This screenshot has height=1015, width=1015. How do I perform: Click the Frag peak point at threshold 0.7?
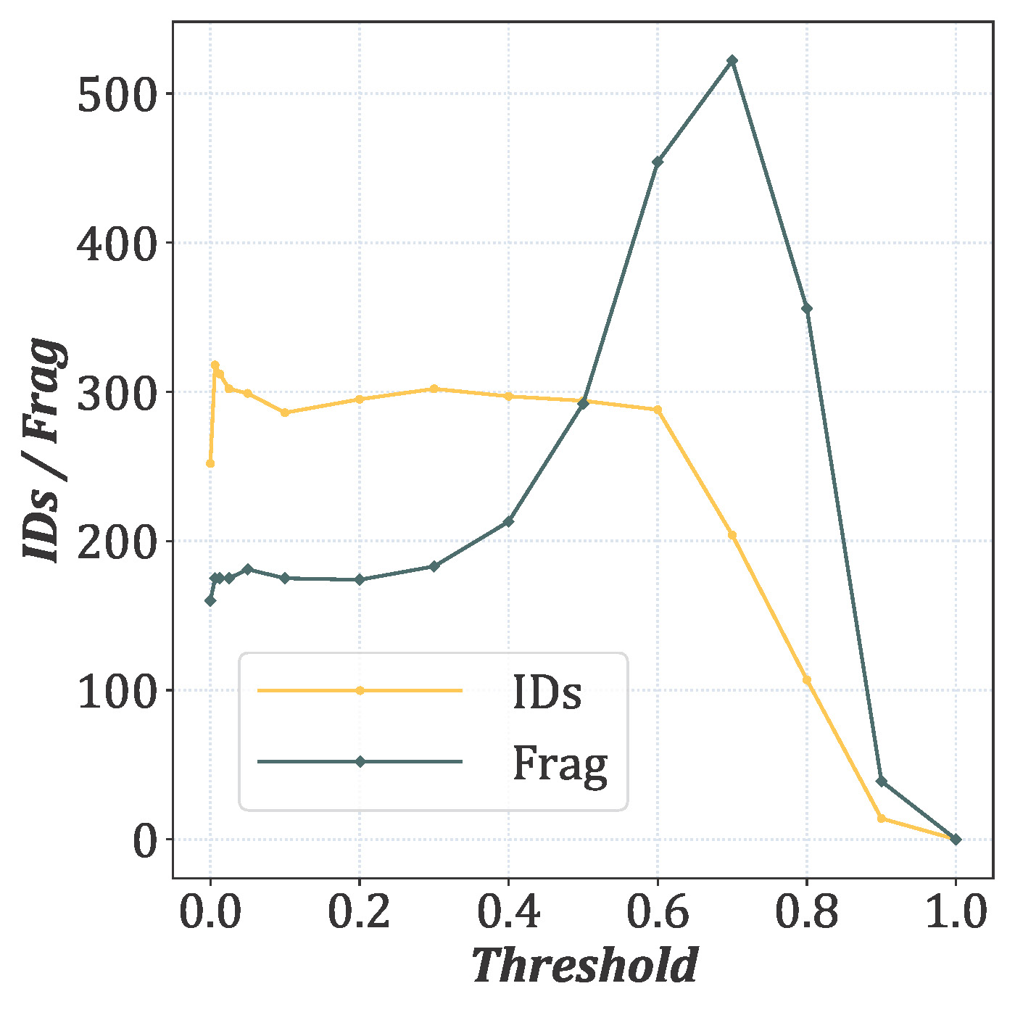(732, 60)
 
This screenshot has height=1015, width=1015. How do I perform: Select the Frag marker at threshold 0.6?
(658, 162)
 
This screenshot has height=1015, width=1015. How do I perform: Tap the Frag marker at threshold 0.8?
(807, 309)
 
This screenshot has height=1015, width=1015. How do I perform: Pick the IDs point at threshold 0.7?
(732, 535)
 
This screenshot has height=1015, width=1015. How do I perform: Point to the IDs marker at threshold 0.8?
(807, 680)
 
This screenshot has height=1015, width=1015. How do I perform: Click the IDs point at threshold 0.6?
(658, 410)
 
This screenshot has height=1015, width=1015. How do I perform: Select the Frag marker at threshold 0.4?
(508, 521)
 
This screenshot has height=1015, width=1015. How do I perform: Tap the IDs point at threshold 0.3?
(434, 389)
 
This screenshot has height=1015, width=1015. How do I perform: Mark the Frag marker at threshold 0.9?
(882, 781)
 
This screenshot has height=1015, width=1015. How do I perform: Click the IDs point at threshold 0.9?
(882, 819)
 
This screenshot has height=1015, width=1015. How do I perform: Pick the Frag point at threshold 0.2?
(360, 579)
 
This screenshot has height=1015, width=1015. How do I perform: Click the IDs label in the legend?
(547, 692)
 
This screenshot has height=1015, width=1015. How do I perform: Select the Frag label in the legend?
(560, 763)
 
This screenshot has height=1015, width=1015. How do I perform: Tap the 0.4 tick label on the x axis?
(508, 912)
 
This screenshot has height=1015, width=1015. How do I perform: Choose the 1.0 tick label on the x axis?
(956, 912)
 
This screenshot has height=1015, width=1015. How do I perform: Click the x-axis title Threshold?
(584, 966)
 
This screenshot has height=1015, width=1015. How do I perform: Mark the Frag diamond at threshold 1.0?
(956, 840)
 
